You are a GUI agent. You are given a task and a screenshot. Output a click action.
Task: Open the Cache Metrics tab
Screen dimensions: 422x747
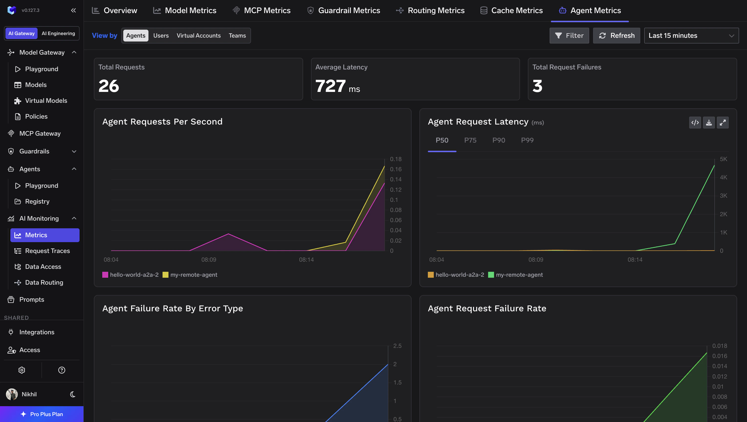click(x=511, y=10)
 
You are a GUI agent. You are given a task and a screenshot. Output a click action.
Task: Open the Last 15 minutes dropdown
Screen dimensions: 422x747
click(x=691, y=35)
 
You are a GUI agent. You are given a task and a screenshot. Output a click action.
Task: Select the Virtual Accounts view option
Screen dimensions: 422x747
click(x=198, y=35)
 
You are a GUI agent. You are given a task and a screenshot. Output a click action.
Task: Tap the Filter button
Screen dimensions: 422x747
click(x=569, y=35)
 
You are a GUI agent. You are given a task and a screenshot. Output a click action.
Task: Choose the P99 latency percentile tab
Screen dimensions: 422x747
click(x=527, y=140)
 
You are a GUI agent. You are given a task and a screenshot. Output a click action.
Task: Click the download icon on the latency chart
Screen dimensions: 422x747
click(x=709, y=122)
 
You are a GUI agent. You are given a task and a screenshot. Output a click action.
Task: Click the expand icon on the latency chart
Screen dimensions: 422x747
click(x=722, y=122)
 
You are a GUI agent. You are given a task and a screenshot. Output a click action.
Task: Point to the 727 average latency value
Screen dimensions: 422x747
click(x=330, y=86)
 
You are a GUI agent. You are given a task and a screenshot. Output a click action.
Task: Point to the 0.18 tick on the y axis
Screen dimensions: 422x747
click(x=395, y=159)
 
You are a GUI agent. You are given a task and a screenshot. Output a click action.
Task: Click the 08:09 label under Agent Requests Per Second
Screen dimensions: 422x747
click(x=208, y=260)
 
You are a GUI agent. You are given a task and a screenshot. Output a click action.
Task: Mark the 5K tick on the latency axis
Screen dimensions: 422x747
click(x=723, y=159)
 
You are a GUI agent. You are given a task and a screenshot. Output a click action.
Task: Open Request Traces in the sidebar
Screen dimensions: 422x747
click(x=47, y=251)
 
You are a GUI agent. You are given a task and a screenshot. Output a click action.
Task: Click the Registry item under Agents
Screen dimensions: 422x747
click(x=37, y=201)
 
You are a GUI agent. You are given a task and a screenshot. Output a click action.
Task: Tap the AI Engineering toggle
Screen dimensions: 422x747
click(x=58, y=33)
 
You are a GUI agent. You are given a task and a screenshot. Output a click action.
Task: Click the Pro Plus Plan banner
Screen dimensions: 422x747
click(x=42, y=414)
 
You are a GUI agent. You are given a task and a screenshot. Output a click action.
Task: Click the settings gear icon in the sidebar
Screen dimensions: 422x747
click(x=22, y=370)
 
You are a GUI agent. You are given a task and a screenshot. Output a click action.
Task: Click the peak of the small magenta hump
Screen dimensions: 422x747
click(x=228, y=234)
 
